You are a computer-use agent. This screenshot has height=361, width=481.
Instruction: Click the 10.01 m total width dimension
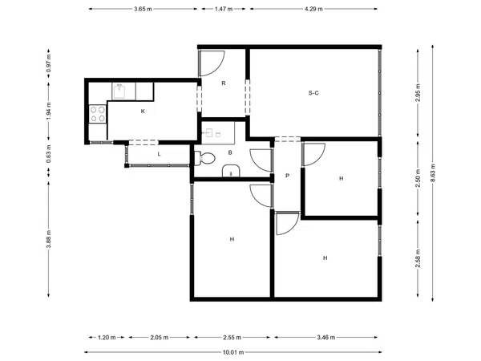(233, 352)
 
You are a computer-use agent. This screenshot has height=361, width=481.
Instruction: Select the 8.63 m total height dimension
(433, 172)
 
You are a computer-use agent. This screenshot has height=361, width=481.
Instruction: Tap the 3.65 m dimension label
(143, 9)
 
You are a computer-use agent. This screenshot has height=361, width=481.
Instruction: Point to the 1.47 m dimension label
(224, 9)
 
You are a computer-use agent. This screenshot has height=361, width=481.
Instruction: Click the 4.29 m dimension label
(313, 9)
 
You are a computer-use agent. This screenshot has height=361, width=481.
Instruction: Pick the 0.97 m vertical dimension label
(48, 63)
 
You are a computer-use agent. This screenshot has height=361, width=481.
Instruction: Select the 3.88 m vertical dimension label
(48, 239)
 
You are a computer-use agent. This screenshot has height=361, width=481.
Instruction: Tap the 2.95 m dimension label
(418, 92)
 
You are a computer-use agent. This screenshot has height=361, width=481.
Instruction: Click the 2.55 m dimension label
(232, 338)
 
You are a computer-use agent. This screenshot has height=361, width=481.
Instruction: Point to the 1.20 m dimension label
(107, 338)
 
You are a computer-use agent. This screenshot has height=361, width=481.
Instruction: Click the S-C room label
(313, 93)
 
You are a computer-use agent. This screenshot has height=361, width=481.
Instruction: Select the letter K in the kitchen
(143, 112)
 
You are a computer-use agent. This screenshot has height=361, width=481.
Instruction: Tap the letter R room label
(224, 83)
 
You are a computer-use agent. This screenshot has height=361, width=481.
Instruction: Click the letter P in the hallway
(288, 176)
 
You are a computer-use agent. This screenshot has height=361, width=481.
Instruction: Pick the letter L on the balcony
(159, 154)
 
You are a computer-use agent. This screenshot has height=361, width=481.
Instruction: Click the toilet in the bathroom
(204, 158)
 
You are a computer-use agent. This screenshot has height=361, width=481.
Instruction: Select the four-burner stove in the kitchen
(98, 114)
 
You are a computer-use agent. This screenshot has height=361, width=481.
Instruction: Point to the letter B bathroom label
(230, 152)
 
